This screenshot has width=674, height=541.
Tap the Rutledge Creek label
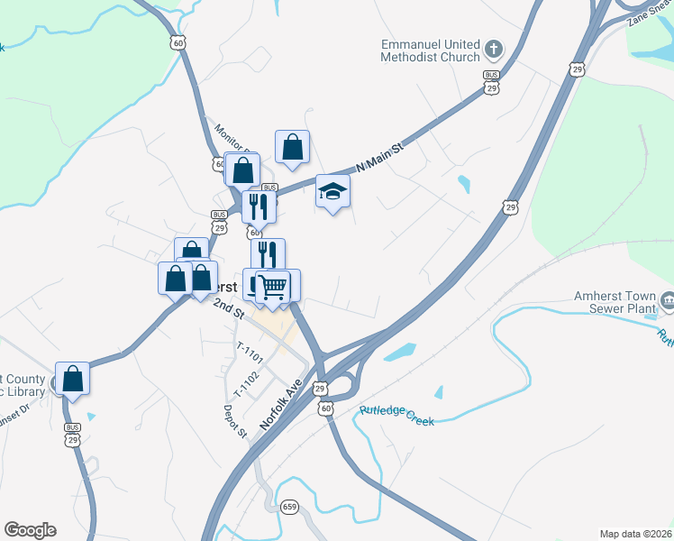396,416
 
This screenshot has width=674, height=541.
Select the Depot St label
236,421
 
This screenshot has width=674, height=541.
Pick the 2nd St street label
229,309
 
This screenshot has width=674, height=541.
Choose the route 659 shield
289,507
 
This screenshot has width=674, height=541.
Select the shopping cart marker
273,287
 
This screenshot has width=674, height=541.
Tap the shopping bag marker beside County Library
72,380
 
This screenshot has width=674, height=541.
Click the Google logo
30,530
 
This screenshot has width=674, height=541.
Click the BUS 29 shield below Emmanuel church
491,82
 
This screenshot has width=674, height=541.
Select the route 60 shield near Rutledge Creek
325,409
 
